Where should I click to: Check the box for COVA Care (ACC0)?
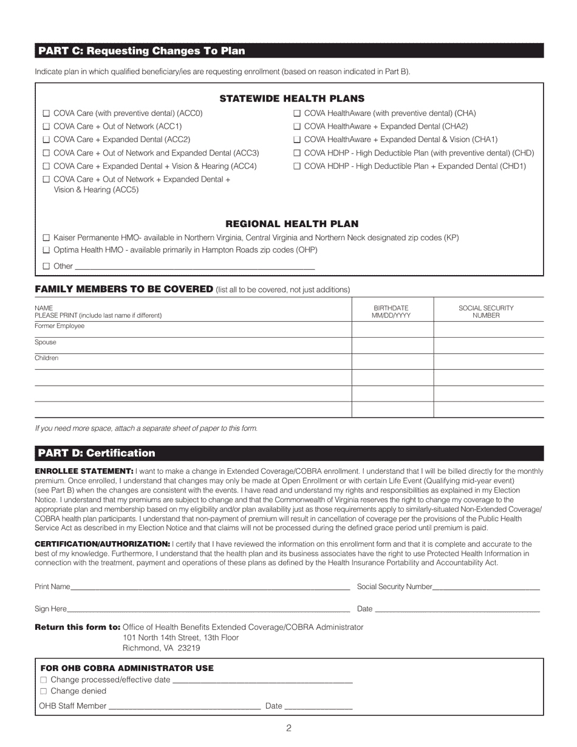click(x=46, y=114)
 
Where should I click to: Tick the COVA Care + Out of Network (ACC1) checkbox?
click(x=46, y=126)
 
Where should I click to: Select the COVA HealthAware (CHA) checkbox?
click(x=297, y=114)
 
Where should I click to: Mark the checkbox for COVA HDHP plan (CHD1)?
click(x=297, y=166)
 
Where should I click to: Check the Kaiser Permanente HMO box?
click(x=46, y=238)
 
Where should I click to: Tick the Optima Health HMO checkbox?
click(x=46, y=250)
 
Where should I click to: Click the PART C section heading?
click(x=142, y=51)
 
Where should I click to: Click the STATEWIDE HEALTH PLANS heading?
click(x=292, y=98)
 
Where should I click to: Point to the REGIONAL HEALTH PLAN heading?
click(x=292, y=224)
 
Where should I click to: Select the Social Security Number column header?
click(x=486, y=312)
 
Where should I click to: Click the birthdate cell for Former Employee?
click(x=392, y=329)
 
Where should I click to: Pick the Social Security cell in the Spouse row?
click(x=488, y=345)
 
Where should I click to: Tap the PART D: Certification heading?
click(x=97, y=453)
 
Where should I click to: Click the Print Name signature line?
click(x=210, y=587)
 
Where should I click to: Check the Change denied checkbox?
click(x=43, y=691)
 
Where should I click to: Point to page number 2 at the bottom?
click(x=288, y=729)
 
